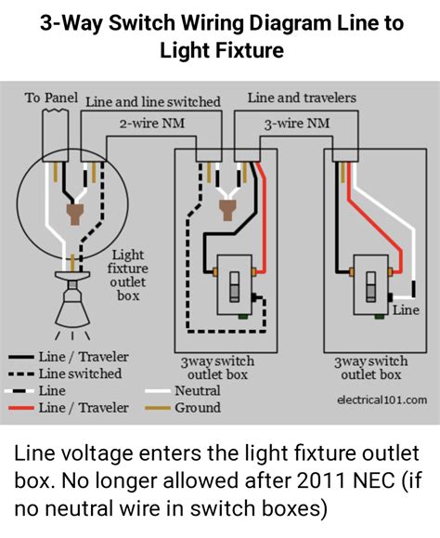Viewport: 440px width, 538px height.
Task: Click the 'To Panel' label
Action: tap(51, 98)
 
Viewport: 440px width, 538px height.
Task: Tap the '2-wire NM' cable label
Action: tap(152, 124)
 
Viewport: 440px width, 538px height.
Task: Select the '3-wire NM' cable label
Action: tap(297, 124)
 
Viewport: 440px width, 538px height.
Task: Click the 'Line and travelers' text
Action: tap(302, 98)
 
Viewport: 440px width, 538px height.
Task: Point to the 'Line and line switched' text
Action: tap(153, 102)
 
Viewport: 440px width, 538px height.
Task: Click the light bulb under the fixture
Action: tap(73, 306)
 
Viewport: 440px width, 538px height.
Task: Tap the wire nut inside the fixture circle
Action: tap(75, 214)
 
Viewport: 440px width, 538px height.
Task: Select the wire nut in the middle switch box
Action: tap(227, 209)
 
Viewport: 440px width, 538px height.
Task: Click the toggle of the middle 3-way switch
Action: tap(235, 287)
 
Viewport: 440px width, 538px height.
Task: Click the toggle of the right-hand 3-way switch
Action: tap(371, 287)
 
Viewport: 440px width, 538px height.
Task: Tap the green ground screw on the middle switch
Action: tap(243, 317)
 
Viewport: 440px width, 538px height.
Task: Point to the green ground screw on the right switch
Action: tap(380, 316)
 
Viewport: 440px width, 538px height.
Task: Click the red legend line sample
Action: tap(21, 408)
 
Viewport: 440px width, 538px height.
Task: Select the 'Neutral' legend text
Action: tap(198, 391)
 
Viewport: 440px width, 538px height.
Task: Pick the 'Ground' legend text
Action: tap(198, 408)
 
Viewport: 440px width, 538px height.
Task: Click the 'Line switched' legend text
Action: tap(80, 374)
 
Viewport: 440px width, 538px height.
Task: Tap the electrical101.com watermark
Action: tap(382, 400)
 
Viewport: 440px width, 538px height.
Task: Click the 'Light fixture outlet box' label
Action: tap(128, 275)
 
